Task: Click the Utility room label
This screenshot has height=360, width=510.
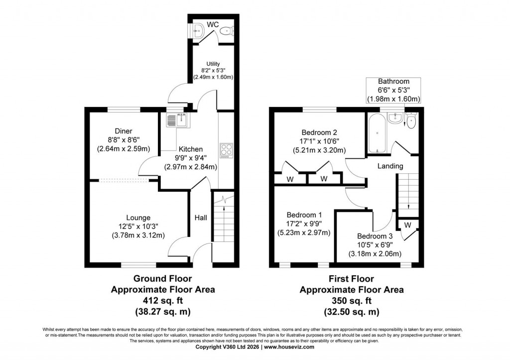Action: click(x=213, y=63)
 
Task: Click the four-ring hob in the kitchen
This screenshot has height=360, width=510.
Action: click(x=226, y=150)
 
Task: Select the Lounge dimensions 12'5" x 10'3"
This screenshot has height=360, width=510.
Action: click(x=138, y=227)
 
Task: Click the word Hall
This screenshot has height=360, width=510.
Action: click(x=201, y=218)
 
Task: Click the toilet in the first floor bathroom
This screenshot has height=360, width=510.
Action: click(x=410, y=121)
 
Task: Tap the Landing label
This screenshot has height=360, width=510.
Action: click(x=390, y=166)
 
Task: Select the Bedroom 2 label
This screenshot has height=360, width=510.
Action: click(x=319, y=132)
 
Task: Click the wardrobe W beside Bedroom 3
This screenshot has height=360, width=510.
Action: click(x=407, y=225)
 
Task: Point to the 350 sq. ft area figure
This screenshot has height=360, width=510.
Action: click(x=351, y=301)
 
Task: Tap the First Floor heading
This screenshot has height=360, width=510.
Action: click(x=351, y=279)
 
